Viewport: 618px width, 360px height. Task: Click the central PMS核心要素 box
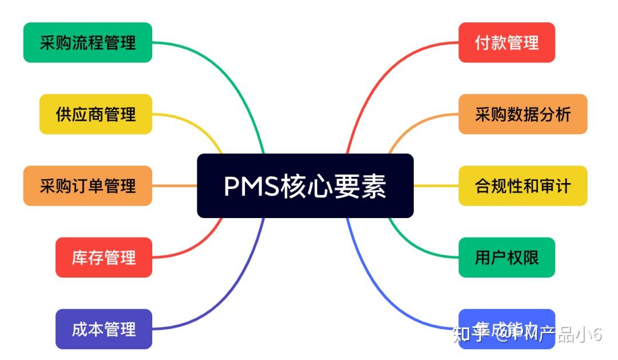point(305,185)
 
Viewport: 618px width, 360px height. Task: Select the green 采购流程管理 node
point(88,42)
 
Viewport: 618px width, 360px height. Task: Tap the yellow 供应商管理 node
point(96,114)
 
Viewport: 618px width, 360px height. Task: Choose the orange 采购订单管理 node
point(88,185)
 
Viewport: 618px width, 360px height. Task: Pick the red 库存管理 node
point(104,257)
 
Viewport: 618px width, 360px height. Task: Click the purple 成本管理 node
point(104,329)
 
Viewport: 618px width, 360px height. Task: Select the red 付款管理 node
point(506,42)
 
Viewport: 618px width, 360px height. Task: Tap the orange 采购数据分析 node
point(522,114)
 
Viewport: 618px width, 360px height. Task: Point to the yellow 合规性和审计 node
point(522,185)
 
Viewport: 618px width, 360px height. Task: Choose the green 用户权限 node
point(506,257)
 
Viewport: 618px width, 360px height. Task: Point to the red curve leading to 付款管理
point(378,80)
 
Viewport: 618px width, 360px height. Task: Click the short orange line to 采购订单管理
point(175,185)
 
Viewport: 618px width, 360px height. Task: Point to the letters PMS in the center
point(251,186)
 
